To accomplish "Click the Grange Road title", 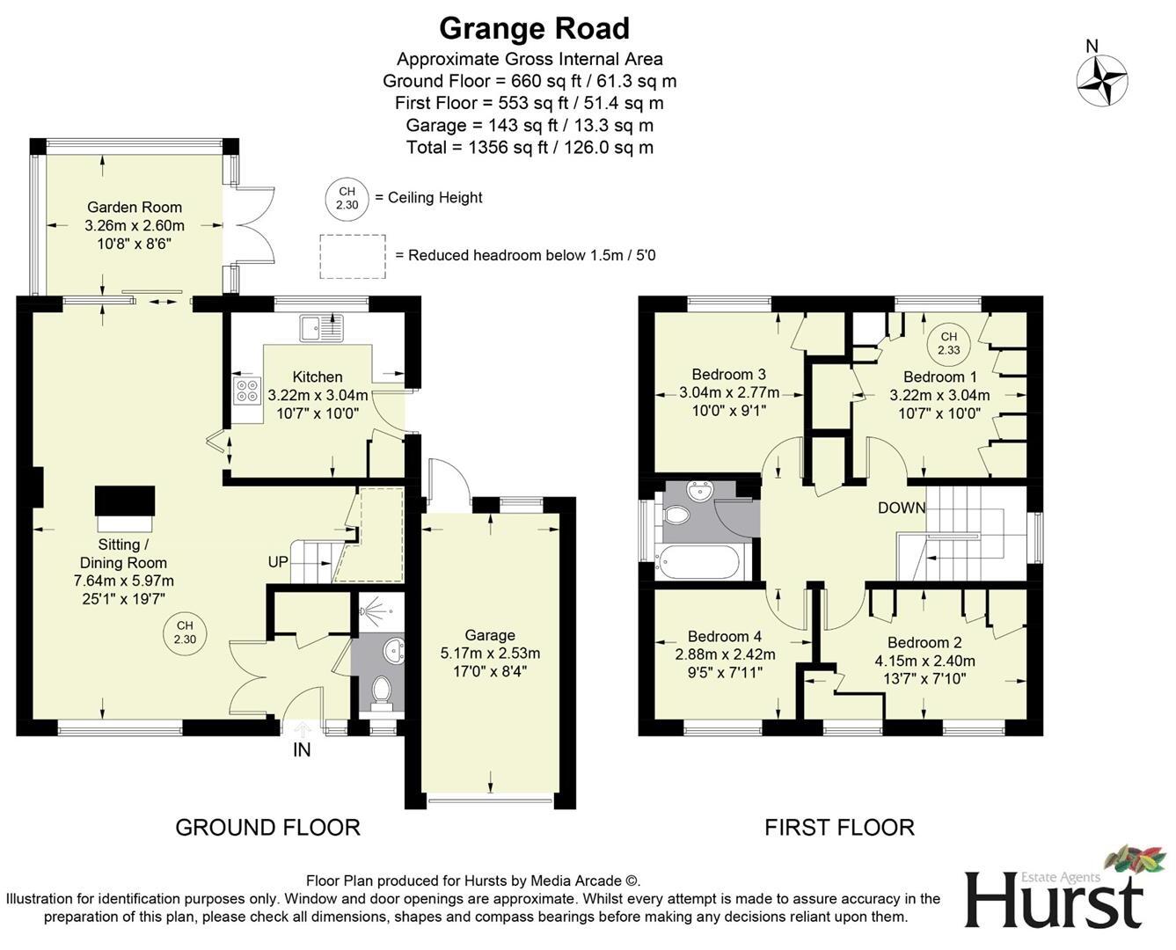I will point(534,28).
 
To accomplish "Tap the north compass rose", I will point(1102,80).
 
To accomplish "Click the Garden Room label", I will point(135,208).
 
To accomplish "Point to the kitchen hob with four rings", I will point(247,390).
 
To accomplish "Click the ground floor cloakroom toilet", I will point(382,691).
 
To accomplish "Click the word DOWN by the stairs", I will point(902,508).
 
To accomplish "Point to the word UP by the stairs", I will point(278,562).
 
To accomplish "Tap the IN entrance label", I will point(302,750).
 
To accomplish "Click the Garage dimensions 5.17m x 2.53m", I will point(490,654).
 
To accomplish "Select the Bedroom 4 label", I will point(725,636).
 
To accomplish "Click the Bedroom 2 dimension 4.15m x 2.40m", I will point(924,661).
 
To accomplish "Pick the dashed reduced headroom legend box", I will point(352,256).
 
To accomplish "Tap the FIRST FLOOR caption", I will point(839,828).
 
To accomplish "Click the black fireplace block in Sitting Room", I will point(125,503).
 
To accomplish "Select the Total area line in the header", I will point(530,148).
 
